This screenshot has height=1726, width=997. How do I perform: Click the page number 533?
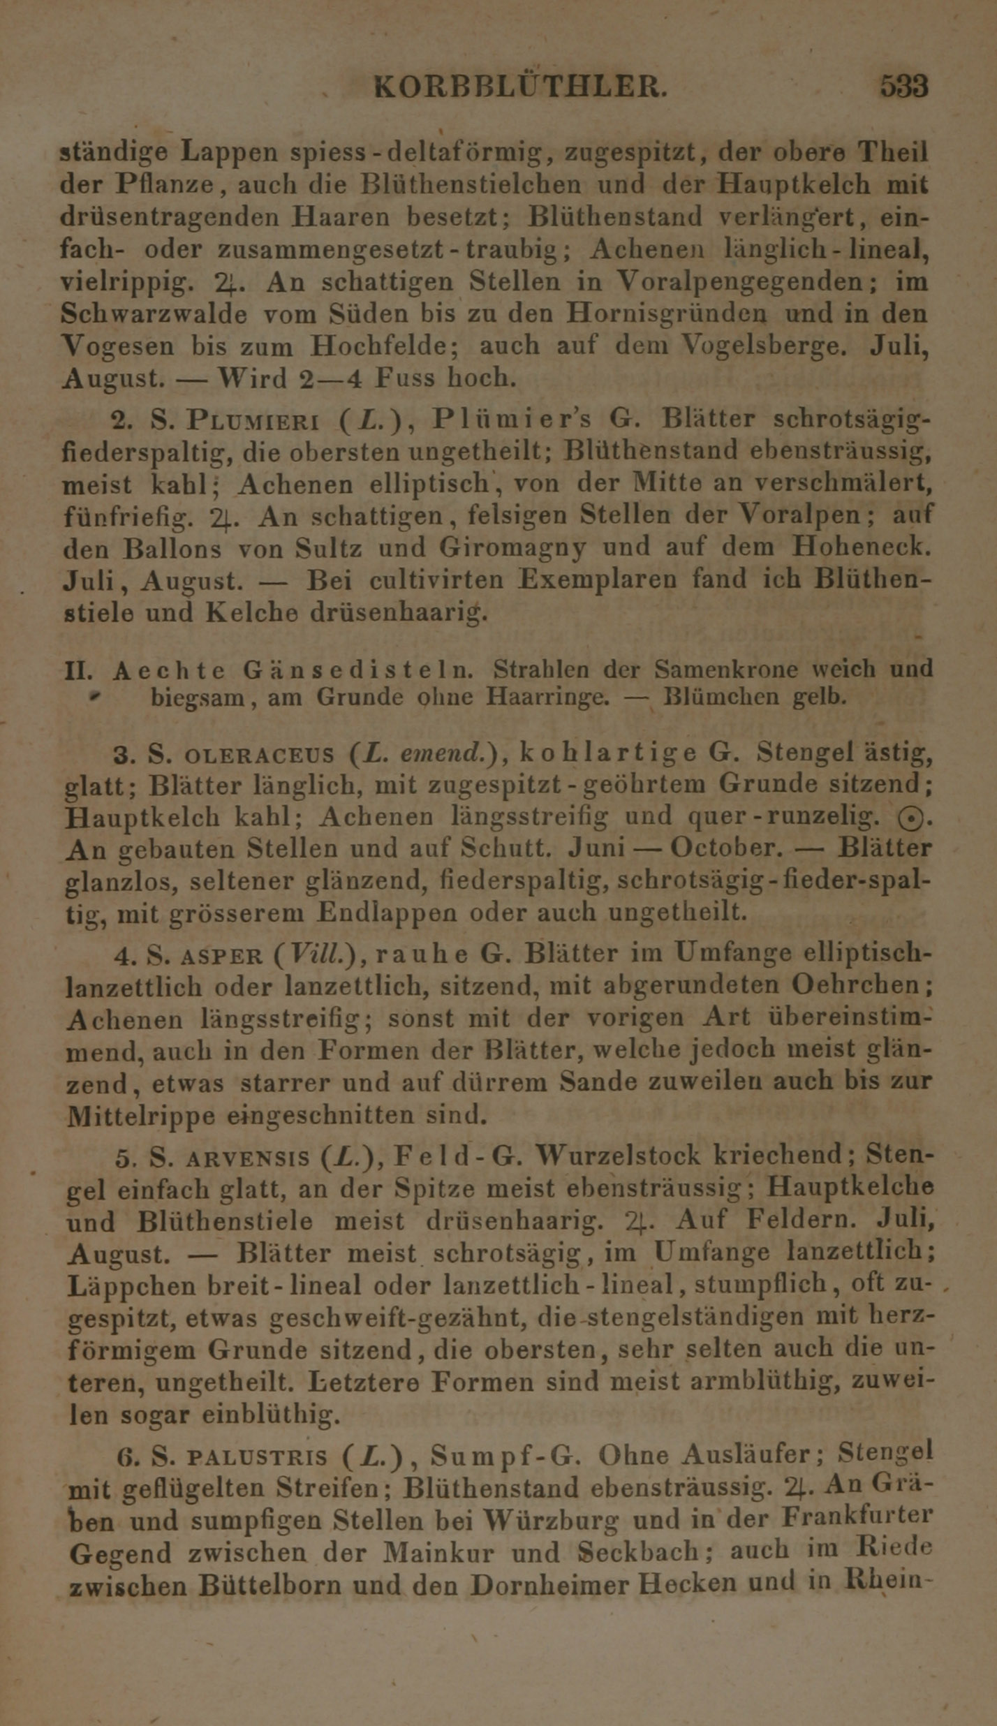coord(903,87)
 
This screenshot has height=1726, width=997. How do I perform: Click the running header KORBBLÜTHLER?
coord(522,87)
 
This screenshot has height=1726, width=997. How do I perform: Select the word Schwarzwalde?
coord(154,315)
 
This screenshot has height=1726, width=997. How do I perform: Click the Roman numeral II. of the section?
coord(78,671)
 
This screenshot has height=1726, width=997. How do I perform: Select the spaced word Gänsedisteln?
coord(358,670)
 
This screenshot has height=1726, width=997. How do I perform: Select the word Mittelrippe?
coord(142,1116)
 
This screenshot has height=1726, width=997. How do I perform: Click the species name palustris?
coord(258,1457)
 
